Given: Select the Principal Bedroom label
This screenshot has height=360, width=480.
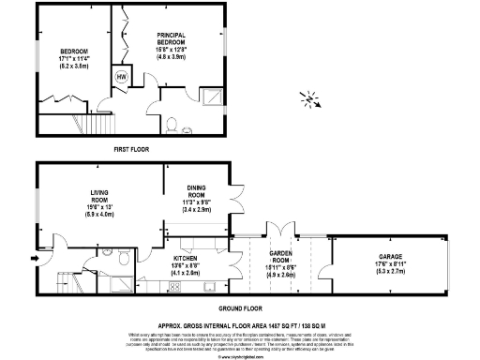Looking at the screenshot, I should coord(176,38).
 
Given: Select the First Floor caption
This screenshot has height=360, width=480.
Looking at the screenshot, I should coord(133,149).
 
